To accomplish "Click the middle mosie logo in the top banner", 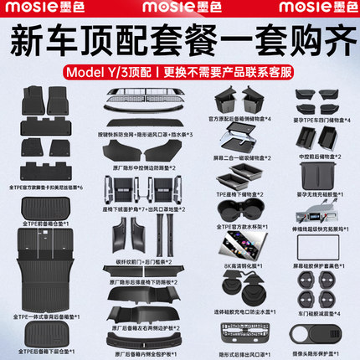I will pos(179,10).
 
